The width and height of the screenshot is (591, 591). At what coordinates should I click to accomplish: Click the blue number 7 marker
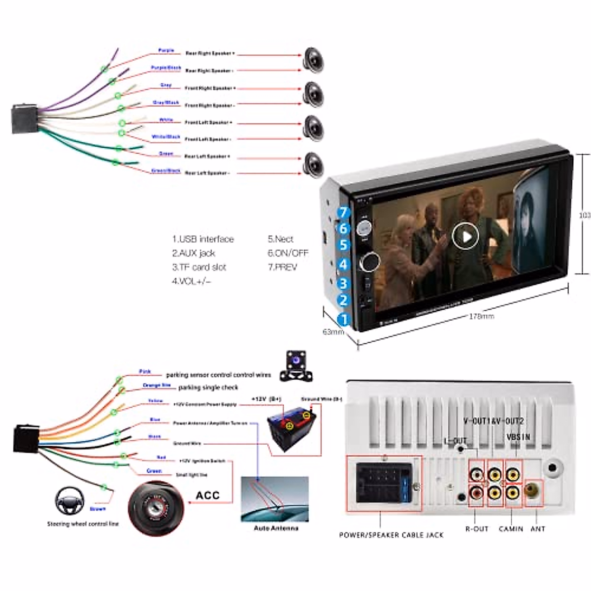point(344,213)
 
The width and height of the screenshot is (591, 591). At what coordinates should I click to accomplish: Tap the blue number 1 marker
point(344,319)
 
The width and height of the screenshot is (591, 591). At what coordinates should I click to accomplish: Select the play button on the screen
point(465,237)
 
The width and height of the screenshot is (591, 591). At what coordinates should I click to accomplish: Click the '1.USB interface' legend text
point(203,239)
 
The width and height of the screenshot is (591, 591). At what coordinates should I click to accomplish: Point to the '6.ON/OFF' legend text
point(288,253)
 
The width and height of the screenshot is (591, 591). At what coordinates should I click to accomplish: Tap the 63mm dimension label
point(333,332)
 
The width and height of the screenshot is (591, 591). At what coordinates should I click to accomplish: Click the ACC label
point(207,495)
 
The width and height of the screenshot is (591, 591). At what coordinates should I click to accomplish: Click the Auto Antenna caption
point(276,528)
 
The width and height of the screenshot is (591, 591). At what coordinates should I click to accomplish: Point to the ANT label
point(538,528)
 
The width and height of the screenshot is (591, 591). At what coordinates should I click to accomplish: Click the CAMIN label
point(511,528)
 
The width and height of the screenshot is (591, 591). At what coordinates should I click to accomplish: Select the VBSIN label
point(518,437)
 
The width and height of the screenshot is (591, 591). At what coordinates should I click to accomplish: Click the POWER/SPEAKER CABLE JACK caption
point(391,534)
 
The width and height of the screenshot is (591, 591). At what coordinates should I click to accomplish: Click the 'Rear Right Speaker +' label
point(210,53)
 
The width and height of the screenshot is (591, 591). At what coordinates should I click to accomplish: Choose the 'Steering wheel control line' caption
point(83,524)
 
